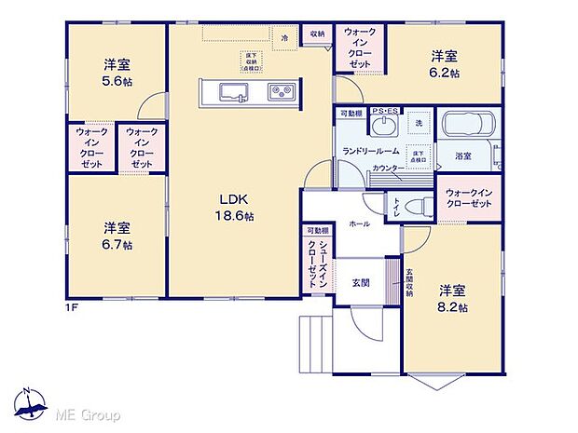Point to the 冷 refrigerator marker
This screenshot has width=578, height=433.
285,35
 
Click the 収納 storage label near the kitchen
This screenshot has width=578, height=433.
318,34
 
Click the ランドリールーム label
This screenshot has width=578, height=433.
370,151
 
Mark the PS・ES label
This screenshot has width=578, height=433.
384,112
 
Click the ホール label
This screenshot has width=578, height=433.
359,223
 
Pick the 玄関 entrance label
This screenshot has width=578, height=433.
362,282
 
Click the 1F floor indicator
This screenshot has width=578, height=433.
71,307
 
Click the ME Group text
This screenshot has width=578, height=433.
89,413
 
